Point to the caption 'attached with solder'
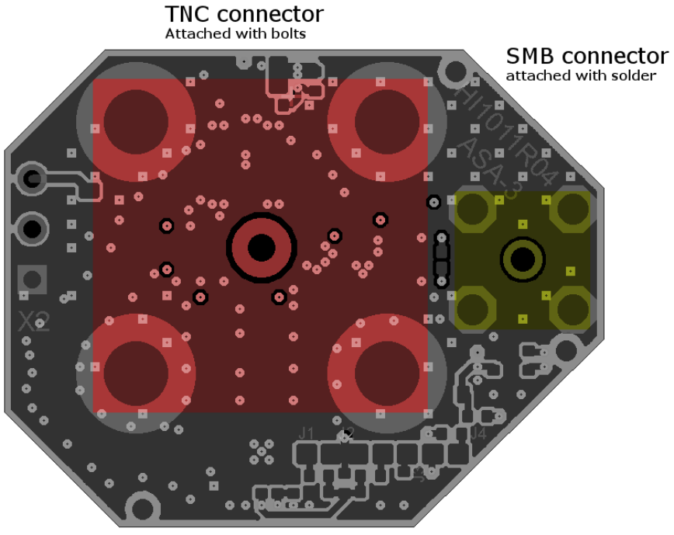581,76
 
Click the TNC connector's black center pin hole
261,248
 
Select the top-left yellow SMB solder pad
475,210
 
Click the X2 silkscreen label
34,321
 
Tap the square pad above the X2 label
32,277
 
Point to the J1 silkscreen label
306,433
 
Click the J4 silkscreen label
478,433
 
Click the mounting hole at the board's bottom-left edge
143,509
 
